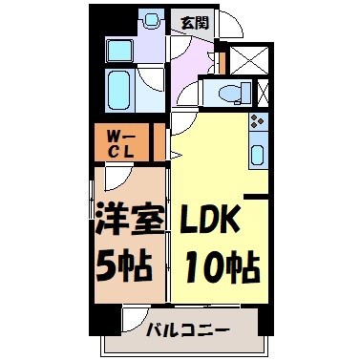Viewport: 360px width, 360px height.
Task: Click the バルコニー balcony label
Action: tap(186, 331)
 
